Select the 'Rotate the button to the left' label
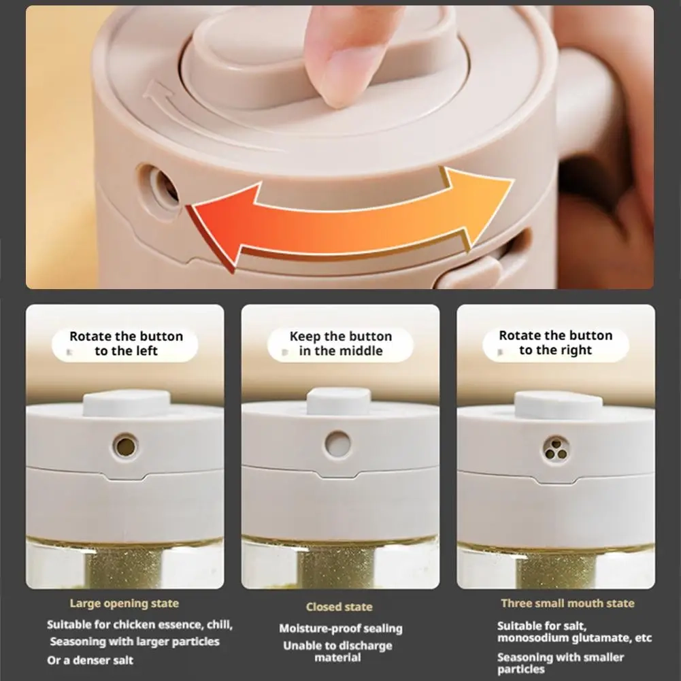(x=126, y=344)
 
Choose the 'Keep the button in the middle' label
(x=341, y=344)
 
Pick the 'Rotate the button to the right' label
(x=556, y=343)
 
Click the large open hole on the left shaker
(x=125, y=446)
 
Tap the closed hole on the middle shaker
(x=338, y=444)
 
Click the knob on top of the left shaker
(x=127, y=403)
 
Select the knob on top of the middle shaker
(x=339, y=401)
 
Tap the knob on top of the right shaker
(x=559, y=405)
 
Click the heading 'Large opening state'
(x=124, y=603)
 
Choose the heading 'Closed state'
(x=339, y=607)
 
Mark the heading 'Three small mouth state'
(x=567, y=603)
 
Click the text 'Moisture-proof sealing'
(x=341, y=629)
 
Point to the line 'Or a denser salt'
(x=90, y=660)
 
